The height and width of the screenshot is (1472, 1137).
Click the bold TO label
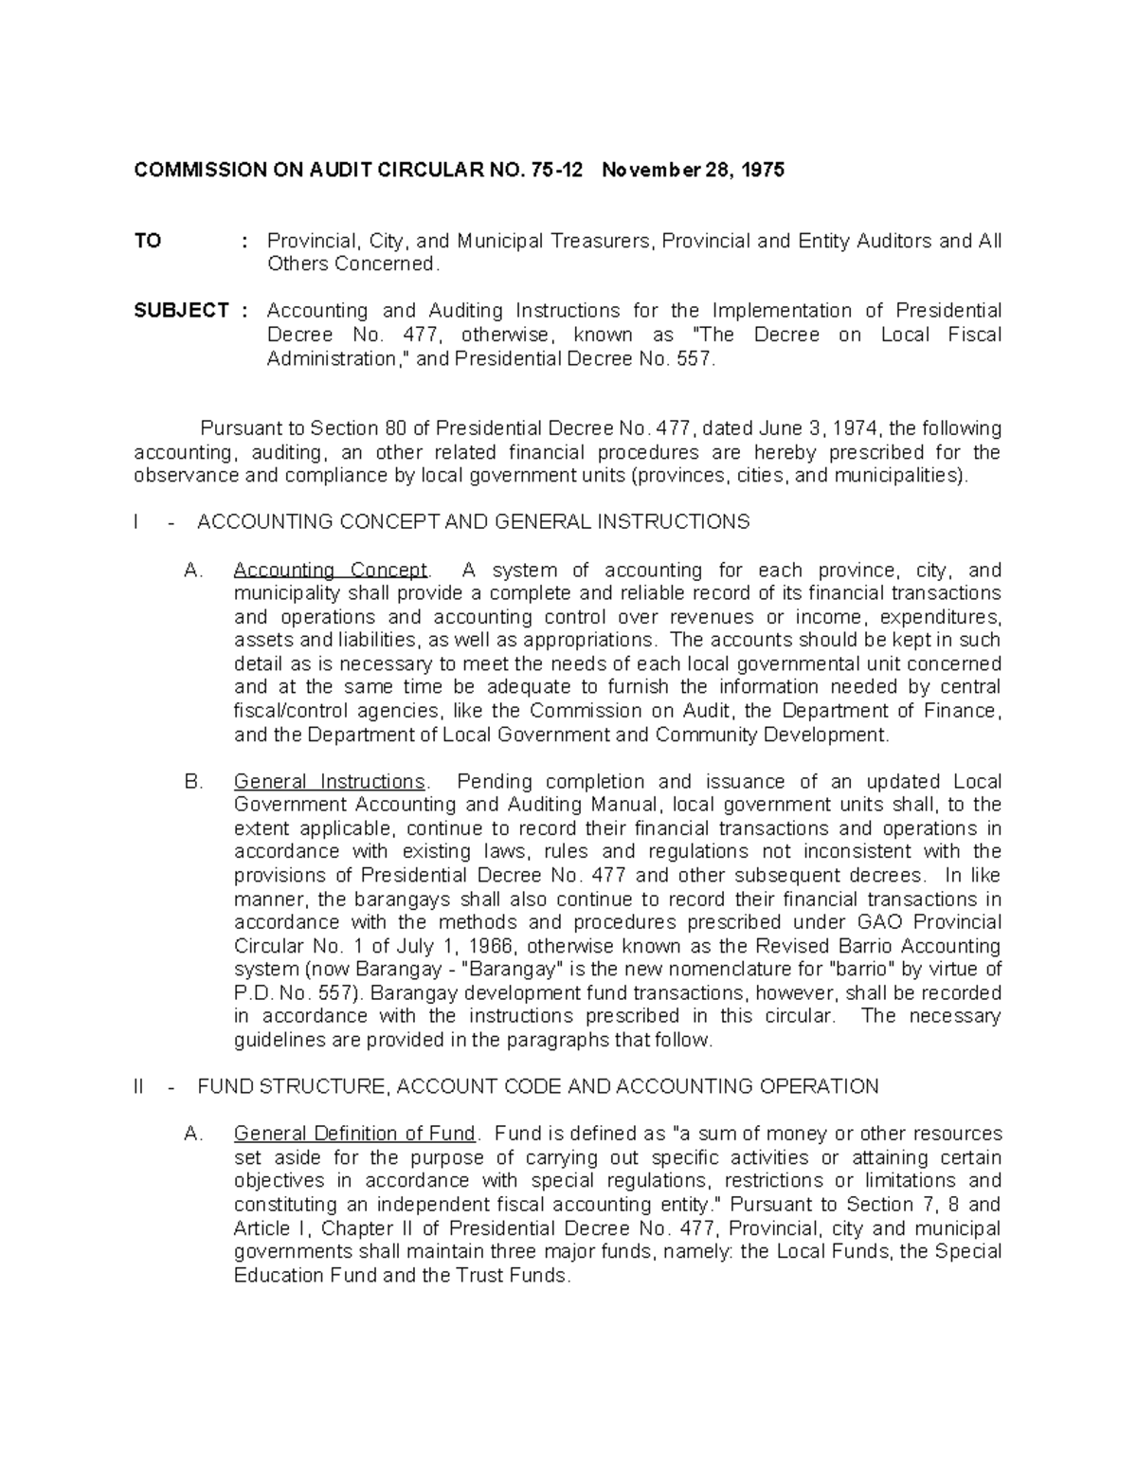(x=148, y=241)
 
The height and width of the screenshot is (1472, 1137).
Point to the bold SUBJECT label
(x=181, y=311)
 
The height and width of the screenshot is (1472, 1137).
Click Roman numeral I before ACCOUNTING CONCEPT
(x=138, y=522)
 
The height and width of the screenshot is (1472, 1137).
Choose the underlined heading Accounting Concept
(x=330, y=571)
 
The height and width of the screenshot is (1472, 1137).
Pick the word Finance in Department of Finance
(x=965, y=711)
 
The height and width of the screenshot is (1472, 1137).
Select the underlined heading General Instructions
(x=330, y=782)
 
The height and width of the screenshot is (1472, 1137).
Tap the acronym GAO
(x=884, y=922)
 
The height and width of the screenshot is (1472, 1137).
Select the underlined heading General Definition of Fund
(x=354, y=1134)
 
